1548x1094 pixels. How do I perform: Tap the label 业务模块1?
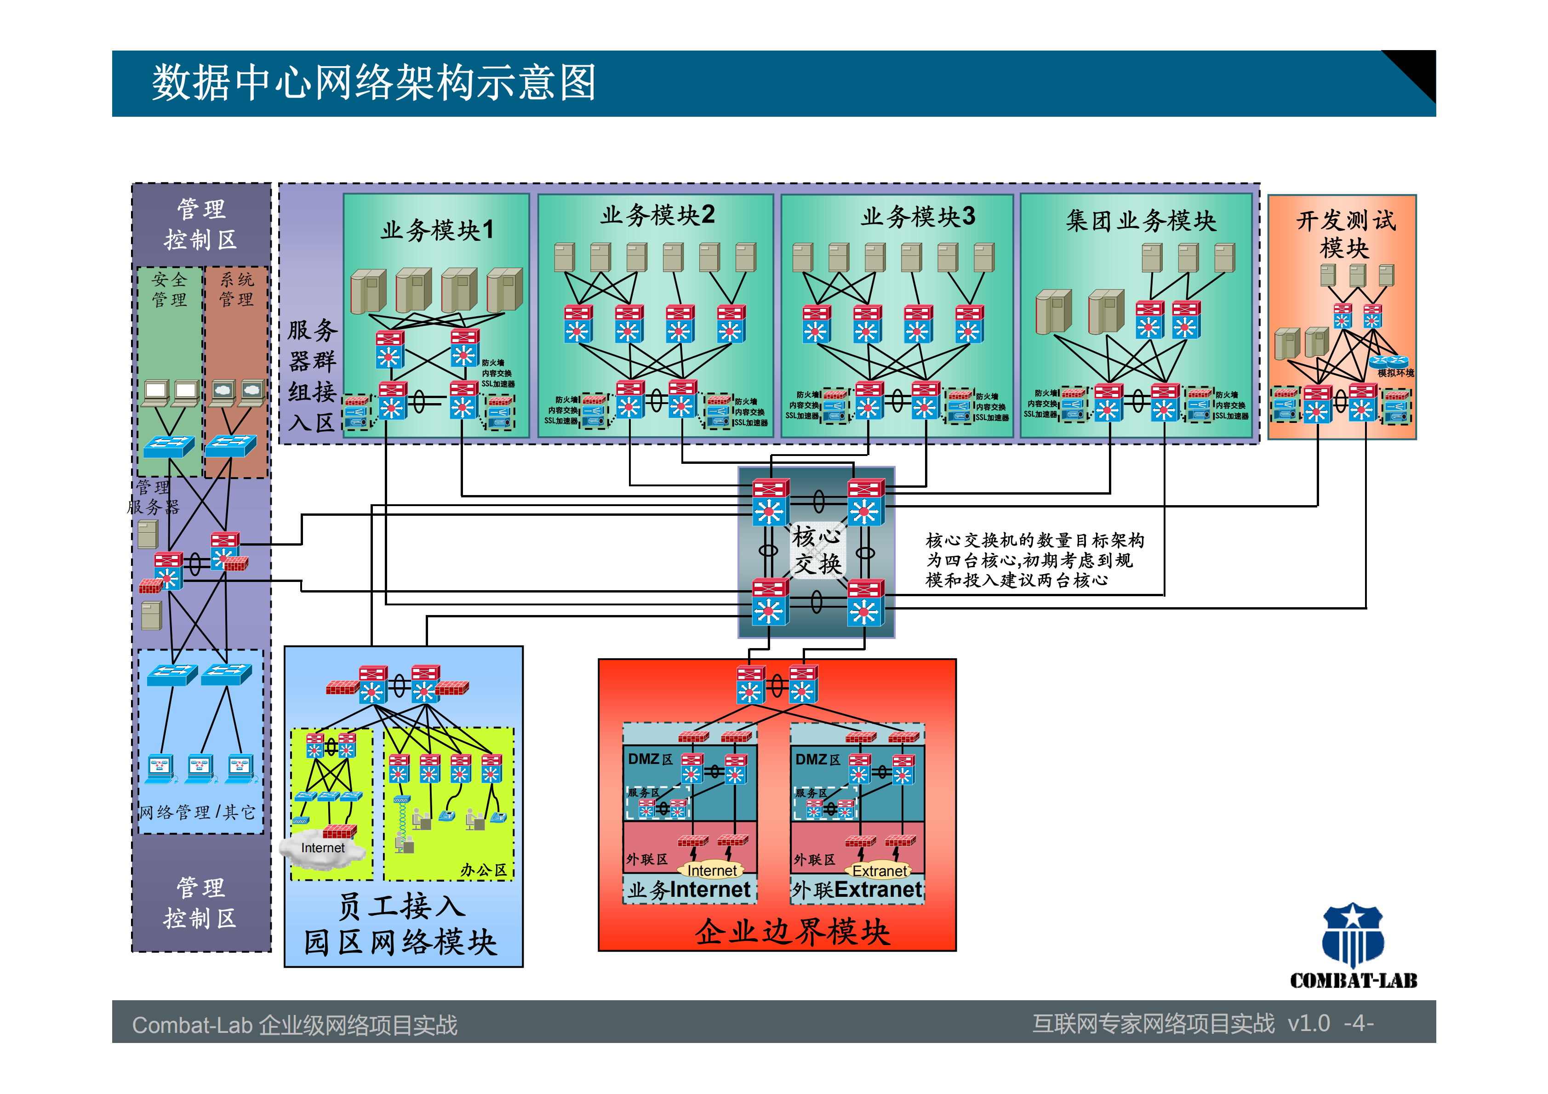point(437,230)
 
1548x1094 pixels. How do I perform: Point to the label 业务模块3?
point(918,217)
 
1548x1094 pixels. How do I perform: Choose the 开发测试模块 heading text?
point(1345,233)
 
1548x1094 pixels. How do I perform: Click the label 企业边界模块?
point(792,932)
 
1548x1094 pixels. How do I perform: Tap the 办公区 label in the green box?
point(483,870)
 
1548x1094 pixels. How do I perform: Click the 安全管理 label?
point(169,289)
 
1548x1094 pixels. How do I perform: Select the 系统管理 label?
point(237,289)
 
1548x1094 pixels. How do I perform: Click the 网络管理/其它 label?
point(197,812)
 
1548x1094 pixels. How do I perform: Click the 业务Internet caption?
point(689,890)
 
